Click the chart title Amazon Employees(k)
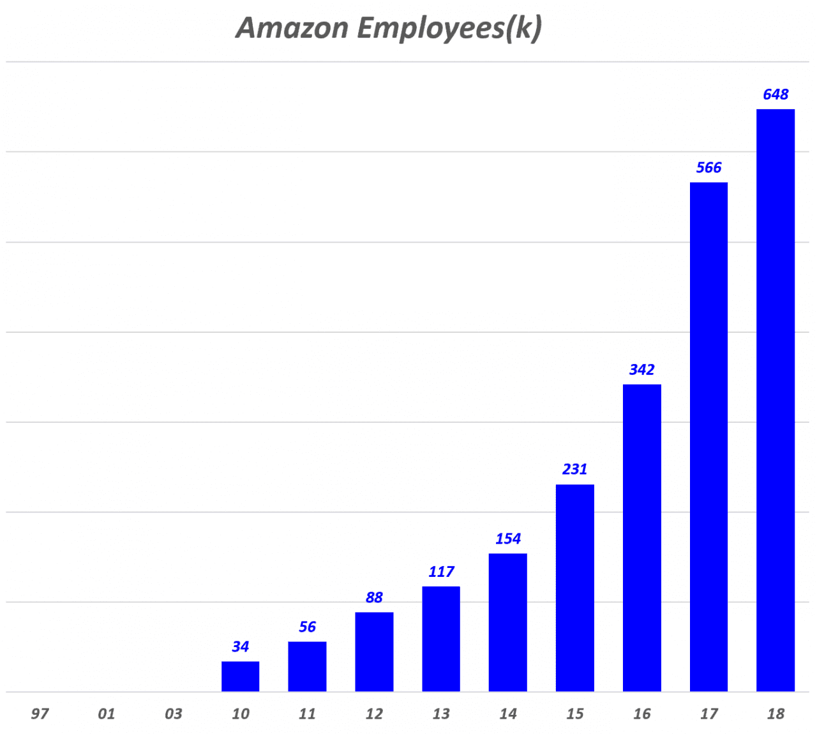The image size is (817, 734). pos(389,28)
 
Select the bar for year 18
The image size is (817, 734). pos(776,400)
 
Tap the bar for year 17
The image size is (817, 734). pos(708,437)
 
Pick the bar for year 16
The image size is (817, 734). pos(641,538)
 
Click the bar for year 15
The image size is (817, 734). pos(574,588)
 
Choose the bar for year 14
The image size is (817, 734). pos(507,622)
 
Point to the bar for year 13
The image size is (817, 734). pos(441,639)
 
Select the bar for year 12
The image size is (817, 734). pos(374,652)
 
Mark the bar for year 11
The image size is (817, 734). pos(307,666)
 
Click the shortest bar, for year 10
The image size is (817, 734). pos(240,677)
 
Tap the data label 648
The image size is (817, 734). pos(776,95)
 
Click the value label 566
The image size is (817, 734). pos(708,167)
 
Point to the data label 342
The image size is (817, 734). pos(641,369)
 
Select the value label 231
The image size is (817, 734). pos(574,469)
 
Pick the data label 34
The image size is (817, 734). pos(240,646)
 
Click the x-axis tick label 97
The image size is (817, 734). pos(40,714)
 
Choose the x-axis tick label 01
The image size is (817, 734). pos(107,714)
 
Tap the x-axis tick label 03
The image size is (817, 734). pos(173,714)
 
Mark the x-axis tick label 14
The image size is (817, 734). pos(507,714)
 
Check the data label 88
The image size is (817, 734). pos(374,597)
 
